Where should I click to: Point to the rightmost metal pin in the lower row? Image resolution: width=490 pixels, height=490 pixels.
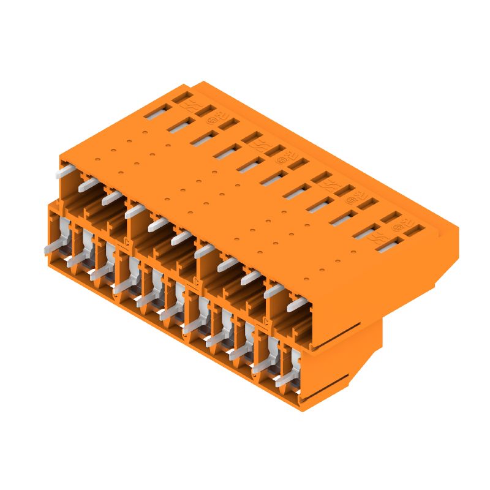284,380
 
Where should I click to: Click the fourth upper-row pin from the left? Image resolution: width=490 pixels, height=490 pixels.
135,211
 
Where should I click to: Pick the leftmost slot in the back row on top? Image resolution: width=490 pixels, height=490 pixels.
183,96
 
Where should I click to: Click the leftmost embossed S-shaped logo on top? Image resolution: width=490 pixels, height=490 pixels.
197,105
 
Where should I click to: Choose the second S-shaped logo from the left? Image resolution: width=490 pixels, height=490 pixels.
261,145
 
